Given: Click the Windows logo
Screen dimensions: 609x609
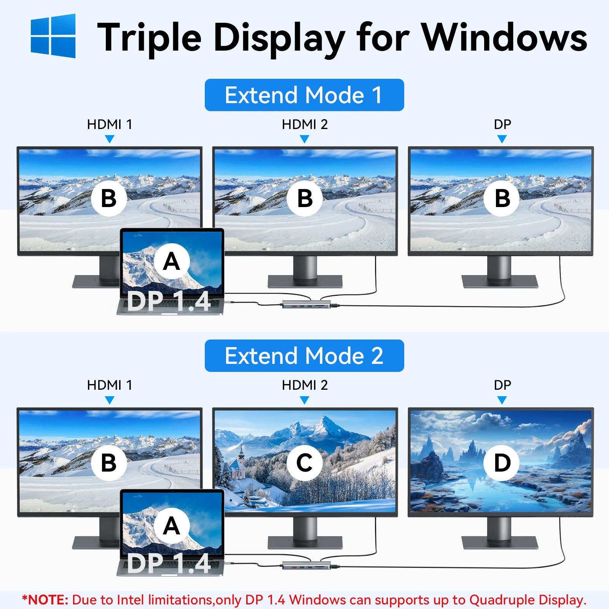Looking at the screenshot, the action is tap(53, 36).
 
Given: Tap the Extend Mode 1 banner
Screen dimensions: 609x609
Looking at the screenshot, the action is tap(304, 95).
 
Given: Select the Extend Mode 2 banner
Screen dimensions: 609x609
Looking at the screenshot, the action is tap(304, 356).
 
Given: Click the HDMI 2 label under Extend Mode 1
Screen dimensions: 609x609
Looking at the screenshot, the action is tap(304, 124).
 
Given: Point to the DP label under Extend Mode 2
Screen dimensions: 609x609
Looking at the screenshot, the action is tap(502, 385).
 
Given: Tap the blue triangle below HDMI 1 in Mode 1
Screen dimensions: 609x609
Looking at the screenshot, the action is tap(110, 139).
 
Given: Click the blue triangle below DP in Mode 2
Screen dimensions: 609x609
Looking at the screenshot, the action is tap(502, 400).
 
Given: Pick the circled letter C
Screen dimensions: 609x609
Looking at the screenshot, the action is tap(304, 463).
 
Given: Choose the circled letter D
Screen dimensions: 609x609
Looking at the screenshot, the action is tap(502, 463).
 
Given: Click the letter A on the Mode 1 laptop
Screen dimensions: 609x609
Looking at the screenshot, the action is tap(171, 261).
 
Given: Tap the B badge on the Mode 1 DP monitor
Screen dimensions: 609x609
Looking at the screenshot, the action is tap(502, 198).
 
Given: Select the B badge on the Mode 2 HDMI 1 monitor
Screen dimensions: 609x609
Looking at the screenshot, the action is tap(109, 463).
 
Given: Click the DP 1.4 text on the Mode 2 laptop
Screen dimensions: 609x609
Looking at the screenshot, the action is tap(169, 563).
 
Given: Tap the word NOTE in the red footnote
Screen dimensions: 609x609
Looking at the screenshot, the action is tap(48, 600).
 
